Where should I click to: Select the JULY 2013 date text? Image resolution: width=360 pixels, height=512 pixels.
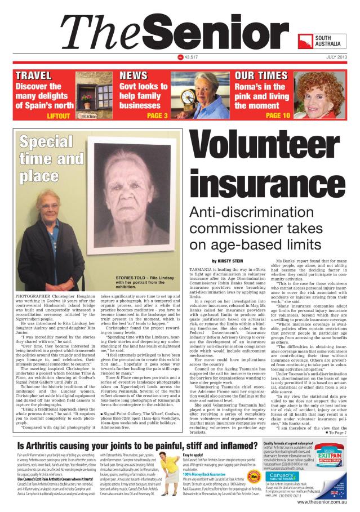tap(337, 57)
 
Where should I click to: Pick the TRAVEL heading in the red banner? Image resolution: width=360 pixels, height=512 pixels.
tap(34, 75)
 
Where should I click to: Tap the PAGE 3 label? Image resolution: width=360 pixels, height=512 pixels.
tap(157, 116)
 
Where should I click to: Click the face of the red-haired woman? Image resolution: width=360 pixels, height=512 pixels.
tap(330, 95)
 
